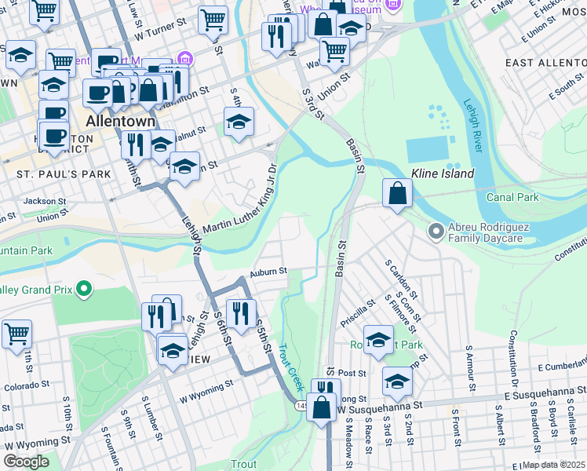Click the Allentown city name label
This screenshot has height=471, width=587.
click(x=121, y=122)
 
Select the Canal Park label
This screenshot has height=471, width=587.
click(x=512, y=197)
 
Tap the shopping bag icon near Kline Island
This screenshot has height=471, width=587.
click(x=398, y=193)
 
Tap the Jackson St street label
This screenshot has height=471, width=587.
click(x=39, y=201)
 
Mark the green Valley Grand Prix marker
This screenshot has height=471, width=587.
click(x=85, y=290)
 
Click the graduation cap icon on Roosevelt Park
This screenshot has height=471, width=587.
click(x=378, y=339)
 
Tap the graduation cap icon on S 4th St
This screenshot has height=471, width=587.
click(x=239, y=122)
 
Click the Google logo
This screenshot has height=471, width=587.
click(x=26, y=462)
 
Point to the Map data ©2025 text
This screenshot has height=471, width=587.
click(x=554, y=465)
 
